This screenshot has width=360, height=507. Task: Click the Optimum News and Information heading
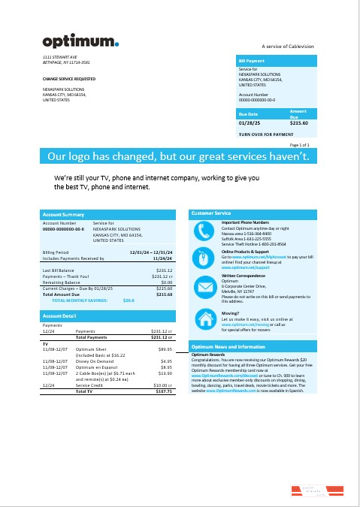pos(228,347)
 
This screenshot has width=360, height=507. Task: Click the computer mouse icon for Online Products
pos(204,258)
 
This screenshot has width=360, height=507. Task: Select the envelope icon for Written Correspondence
pos(204,285)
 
